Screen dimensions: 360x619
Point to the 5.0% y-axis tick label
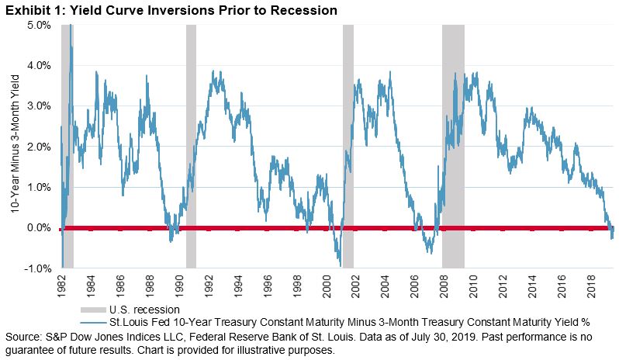coord(40,25)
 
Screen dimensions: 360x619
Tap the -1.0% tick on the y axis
coord(38,268)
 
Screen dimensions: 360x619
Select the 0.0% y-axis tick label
coord(40,228)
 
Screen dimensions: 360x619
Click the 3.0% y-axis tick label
coord(40,106)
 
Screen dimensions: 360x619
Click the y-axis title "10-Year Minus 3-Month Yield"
coord(15,147)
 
